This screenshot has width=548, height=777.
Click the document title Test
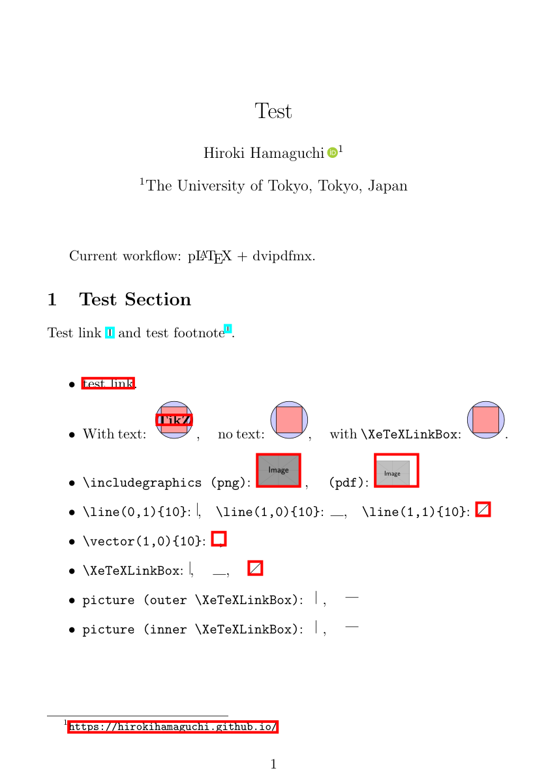[x=273, y=112]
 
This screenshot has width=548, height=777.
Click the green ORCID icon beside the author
[x=332, y=153]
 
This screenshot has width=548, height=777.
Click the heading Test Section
[x=135, y=299]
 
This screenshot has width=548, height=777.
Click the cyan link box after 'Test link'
[x=110, y=333]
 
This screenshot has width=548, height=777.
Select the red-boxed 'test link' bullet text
[x=108, y=384]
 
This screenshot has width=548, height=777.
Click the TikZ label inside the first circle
[x=174, y=419]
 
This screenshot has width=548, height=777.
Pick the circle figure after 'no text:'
[x=289, y=419]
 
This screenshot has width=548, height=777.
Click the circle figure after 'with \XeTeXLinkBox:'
[x=486, y=419]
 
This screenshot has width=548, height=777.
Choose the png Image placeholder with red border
[x=279, y=470]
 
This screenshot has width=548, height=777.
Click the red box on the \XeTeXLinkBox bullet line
[x=256, y=568]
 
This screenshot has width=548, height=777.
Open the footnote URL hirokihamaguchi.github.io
[x=173, y=727]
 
